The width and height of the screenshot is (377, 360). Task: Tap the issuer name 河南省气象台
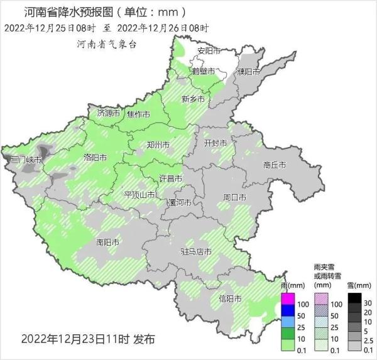pyautogui.click(x=106, y=44)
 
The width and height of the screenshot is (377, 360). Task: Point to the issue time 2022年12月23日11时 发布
pyautogui.click(x=87, y=339)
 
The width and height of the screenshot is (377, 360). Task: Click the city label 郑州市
pyautogui.click(x=158, y=145)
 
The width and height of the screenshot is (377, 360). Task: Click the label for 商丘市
pyautogui.click(x=275, y=165)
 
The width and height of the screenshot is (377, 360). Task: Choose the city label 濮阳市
pyautogui.click(x=249, y=72)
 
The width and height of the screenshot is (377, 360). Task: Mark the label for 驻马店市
pyautogui.click(x=195, y=252)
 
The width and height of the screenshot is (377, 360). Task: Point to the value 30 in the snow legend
pyautogui.click(x=369, y=303)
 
